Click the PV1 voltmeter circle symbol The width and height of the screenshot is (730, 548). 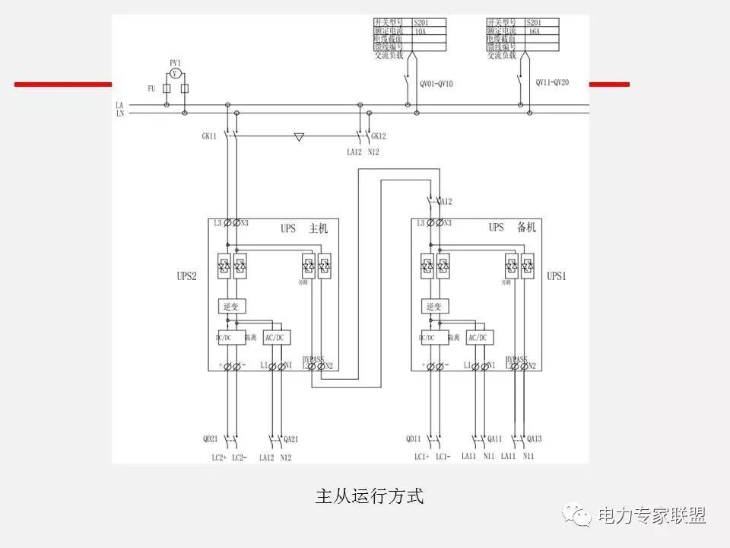pos(175,73)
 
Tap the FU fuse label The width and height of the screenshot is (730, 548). pos(151,89)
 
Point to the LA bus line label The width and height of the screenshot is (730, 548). pos(119,105)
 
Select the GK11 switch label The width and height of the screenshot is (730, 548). pos(209,136)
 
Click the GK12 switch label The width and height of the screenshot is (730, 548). pos(379,136)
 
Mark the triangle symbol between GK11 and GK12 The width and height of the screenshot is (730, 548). pos(299,138)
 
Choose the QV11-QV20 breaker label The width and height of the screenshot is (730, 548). pos(552,82)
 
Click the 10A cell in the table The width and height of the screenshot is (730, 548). pos(421,32)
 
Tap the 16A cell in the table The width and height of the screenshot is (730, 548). pos(534,32)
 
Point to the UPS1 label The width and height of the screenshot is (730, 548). pos(557,276)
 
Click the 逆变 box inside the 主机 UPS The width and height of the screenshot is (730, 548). pos(230,306)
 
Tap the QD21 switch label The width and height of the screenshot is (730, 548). pos(211,438)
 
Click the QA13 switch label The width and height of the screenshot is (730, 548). pos(536,438)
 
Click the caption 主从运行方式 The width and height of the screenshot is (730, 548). pos(369,497)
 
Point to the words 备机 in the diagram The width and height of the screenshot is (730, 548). pos(526,228)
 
